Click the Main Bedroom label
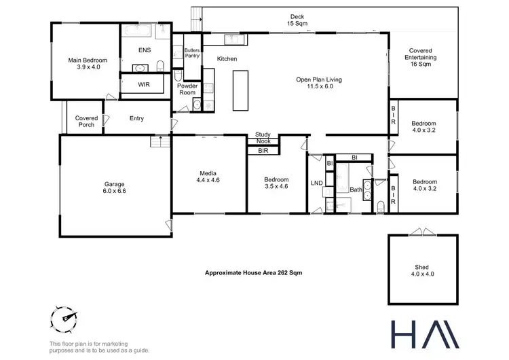[84, 64]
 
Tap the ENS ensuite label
[144, 50]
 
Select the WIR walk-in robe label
[144, 85]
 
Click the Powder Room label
[187, 89]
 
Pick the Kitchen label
[227, 59]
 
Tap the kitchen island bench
[241, 89]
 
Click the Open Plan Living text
[318, 83]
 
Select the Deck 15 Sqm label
[297, 20]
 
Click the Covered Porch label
[87, 122]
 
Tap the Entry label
[136, 119]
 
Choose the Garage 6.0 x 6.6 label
[115, 187]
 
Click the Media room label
[208, 177]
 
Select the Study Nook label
[263, 138]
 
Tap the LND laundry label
[316, 183]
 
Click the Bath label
[356, 190]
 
